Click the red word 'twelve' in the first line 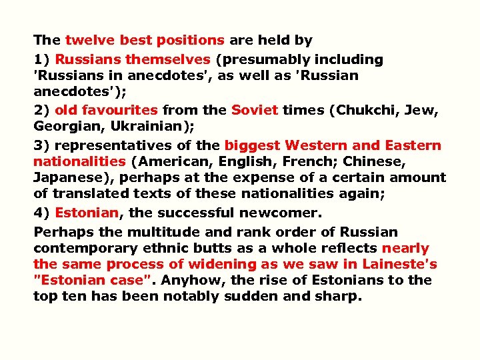tap(87, 41)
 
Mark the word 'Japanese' tap(67, 178)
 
